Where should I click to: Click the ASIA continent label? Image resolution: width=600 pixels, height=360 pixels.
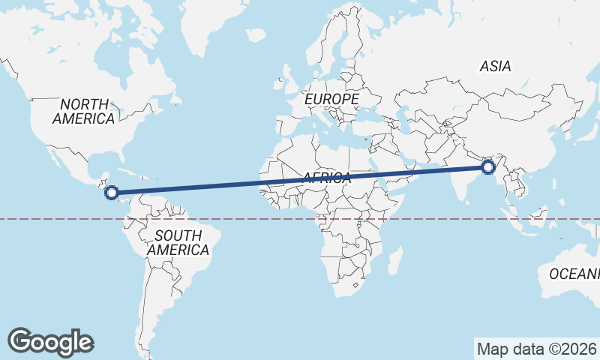pyautogui.click(x=495, y=67)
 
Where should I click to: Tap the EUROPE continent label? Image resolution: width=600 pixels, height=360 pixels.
pyautogui.click(x=331, y=99)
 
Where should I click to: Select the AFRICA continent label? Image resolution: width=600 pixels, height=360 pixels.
pyautogui.click(x=327, y=178)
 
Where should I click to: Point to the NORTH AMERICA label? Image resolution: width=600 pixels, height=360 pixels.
pyautogui.click(x=84, y=112)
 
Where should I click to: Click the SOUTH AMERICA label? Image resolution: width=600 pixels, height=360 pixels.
pyautogui.click(x=178, y=243)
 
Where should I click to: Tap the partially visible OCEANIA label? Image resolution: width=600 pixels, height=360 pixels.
pyautogui.click(x=574, y=274)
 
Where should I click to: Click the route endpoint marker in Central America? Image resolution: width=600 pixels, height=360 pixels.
pyautogui.click(x=111, y=193)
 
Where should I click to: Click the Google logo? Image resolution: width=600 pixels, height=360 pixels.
pyautogui.click(x=50, y=341)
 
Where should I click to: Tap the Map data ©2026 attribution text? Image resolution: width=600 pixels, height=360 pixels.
pyautogui.click(x=535, y=349)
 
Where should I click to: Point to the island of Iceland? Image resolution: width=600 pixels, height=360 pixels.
pyautogui.click(x=256, y=35)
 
